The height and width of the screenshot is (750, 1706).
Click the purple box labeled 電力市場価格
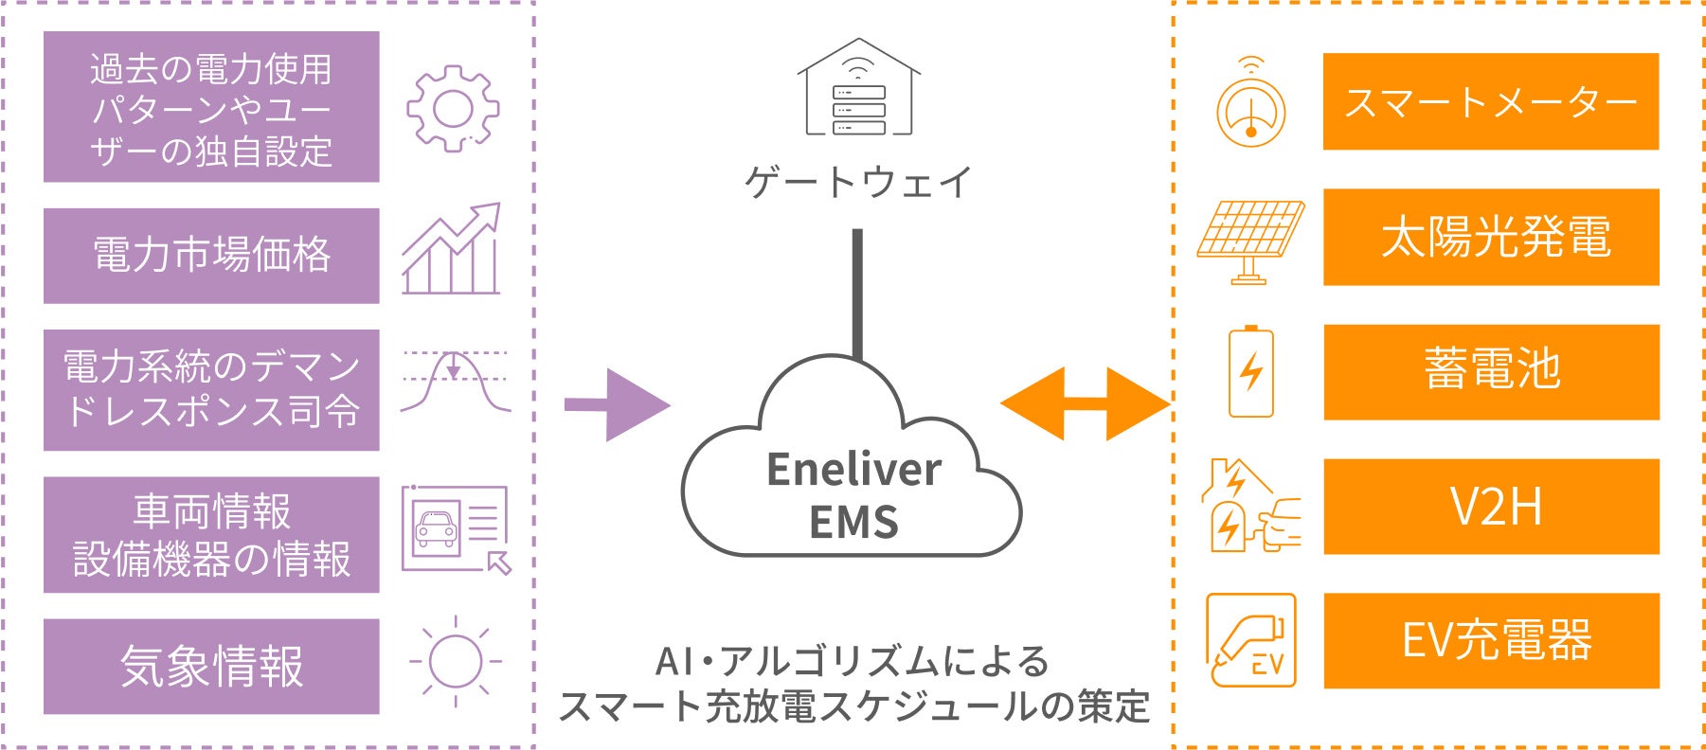211,256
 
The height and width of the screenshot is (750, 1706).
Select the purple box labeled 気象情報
211,666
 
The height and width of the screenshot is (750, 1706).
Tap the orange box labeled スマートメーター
1491,101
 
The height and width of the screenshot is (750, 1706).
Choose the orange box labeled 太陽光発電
1491,237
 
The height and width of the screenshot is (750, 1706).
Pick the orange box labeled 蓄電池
1491,371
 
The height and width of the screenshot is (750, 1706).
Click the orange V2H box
1491,507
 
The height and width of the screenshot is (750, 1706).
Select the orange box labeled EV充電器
1491,641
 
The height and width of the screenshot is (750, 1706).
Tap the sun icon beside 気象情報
456,661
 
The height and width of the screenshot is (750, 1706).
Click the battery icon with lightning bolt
1250,371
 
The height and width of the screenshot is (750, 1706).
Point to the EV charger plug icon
1250,640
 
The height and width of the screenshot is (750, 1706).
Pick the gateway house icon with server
858,86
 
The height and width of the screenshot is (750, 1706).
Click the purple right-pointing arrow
617,405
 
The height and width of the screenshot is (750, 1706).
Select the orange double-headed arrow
1086,404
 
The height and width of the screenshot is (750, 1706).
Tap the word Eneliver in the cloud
853,470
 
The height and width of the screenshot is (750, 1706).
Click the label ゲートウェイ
858,181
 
